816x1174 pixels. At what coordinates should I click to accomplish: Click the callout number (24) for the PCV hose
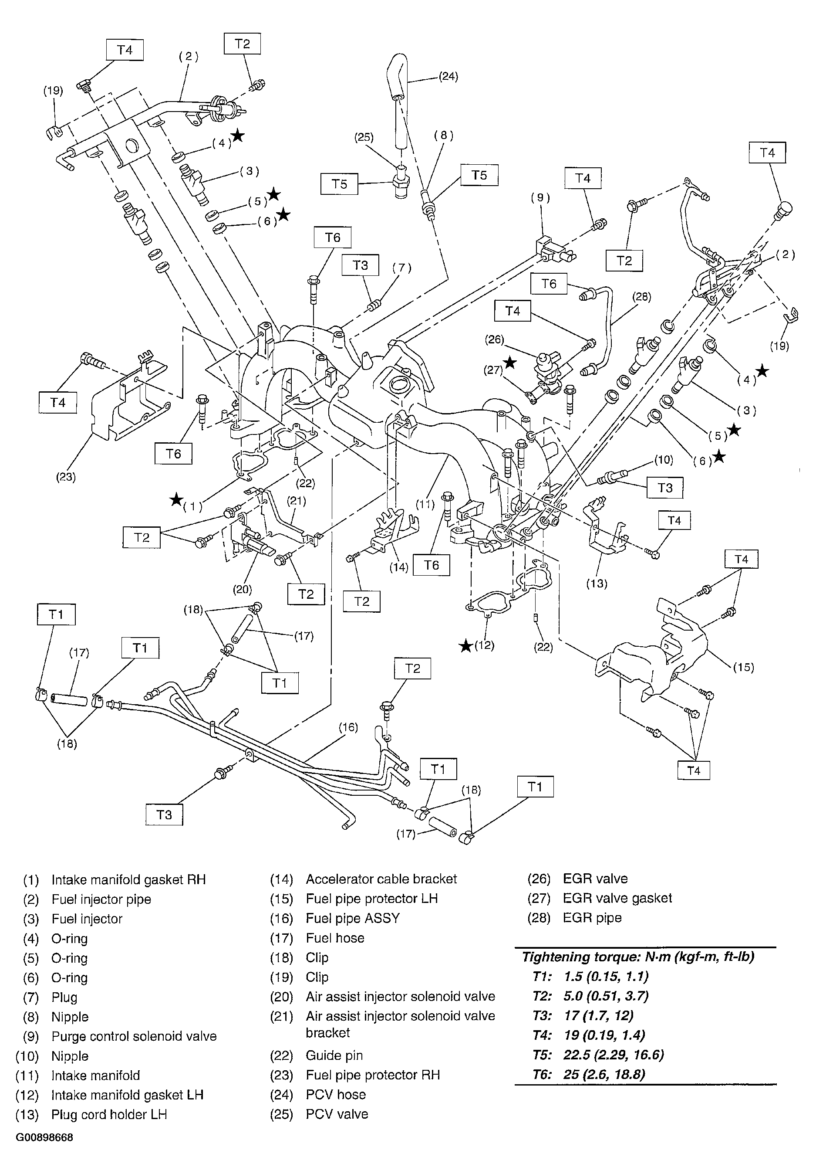[448, 77]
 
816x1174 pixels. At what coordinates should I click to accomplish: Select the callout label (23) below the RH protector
[66, 477]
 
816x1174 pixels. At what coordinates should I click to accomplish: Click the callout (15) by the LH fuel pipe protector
[743, 667]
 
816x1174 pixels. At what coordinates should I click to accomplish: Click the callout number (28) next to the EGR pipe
[641, 297]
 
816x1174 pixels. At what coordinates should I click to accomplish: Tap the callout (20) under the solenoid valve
[242, 589]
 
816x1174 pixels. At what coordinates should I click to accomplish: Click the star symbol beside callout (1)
[176, 499]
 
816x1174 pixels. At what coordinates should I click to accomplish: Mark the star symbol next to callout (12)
[465, 646]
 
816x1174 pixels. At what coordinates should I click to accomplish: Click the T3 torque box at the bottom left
[164, 814]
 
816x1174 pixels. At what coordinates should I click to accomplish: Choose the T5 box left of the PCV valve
[339, 184]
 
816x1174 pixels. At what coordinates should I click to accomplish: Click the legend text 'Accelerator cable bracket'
[381, 879]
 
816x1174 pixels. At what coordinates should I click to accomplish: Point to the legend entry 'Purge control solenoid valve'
[134, 1036]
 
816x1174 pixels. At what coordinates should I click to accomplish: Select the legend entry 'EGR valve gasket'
[617, 898]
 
